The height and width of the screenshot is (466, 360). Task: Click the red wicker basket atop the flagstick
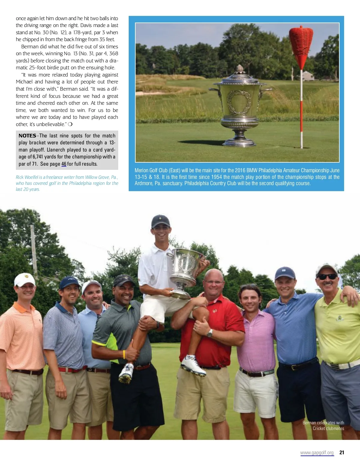coord(301,42)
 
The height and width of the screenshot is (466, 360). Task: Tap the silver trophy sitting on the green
coord(239,108)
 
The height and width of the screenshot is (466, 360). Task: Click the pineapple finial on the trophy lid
coord(239,70)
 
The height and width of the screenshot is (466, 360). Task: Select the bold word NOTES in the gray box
coord(27,136)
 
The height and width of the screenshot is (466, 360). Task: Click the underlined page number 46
coord(64,164)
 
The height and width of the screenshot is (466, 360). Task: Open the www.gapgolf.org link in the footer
coord(317,452)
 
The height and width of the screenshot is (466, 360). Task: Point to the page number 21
coord(341,452)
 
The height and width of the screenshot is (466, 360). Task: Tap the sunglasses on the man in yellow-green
coord(327,277)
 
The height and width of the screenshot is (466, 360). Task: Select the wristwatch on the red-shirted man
coord(210,333)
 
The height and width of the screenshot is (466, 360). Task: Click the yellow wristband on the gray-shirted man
coord(124,354)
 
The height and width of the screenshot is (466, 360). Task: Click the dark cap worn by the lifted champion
coord(160,221)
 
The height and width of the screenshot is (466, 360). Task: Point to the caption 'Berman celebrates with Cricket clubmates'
coord(323,425)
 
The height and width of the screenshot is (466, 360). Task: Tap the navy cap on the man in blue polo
coord(285,273)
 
